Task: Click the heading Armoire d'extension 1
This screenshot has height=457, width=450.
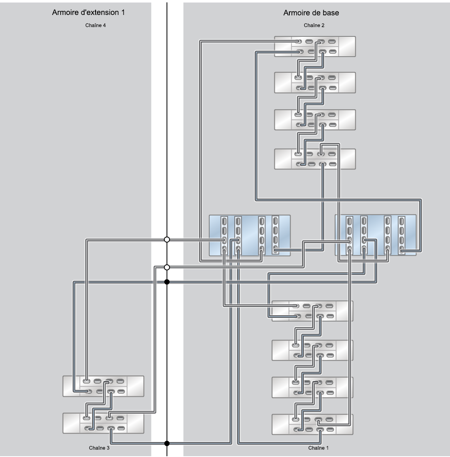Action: coord(88,13)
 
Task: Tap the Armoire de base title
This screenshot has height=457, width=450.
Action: coord(311,13)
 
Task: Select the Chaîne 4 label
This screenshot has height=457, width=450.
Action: coord(96,25)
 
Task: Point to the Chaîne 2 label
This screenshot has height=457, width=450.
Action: coord(314,25)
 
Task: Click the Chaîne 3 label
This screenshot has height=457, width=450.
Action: coord(99,448)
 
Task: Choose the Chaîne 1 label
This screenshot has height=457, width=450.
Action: coord(318,448)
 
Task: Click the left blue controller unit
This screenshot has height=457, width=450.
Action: coord(249,235)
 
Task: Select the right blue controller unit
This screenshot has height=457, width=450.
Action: coord(376,235)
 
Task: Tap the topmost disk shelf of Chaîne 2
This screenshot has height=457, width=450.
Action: coord(315,47)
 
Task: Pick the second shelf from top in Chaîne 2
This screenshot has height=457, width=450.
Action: coord(315,83)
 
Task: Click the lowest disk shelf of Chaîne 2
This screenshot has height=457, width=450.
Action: coord(315,159)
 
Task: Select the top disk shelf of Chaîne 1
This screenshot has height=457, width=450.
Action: coord(312,311)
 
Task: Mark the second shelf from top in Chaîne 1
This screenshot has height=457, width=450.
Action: coord(312,350)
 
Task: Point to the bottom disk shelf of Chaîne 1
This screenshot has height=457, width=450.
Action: coord(312,424)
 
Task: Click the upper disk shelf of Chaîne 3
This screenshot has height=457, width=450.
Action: coord(103,386)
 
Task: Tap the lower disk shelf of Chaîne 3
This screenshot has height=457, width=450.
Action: coord(103,423)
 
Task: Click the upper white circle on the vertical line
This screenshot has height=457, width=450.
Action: coord(167,240)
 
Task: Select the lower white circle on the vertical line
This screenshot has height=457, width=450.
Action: coord(167,267)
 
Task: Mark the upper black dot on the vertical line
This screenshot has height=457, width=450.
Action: coord(167,282)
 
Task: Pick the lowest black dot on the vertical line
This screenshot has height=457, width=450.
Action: coord(167,443)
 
